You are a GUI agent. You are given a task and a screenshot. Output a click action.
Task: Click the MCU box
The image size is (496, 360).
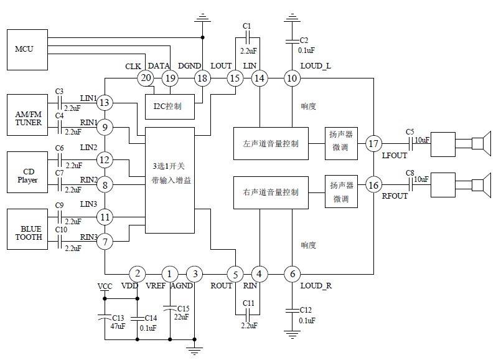click(x=26, y=48)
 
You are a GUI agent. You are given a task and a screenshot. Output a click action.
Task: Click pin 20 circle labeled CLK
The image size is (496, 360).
click(x=146, y=78)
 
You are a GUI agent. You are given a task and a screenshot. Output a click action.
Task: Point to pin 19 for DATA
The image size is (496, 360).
click(x=170, y=78)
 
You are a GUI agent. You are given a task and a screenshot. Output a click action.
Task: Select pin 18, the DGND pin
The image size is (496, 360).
click(x=202, y=78)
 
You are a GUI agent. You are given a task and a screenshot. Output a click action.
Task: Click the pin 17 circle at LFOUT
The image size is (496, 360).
click(x=373, y=144)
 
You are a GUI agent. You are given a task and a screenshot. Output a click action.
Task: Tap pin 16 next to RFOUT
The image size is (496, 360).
click(x=373, y=185)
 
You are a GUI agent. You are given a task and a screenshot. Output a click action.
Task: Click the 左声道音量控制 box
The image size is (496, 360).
click(x=269, y=144)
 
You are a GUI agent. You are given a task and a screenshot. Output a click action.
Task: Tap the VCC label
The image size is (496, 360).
click(x=105, y=286)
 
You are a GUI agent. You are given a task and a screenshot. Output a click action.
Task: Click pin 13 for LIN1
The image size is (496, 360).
click(x=105, y=103)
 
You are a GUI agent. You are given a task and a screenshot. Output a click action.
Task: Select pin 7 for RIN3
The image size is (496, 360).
click(x=105, y=242)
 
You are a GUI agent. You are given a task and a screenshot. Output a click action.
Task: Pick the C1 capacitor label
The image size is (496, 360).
click(x=247, y=25)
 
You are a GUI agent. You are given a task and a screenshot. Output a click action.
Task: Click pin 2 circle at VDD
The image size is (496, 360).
click(x=137, y=273)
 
